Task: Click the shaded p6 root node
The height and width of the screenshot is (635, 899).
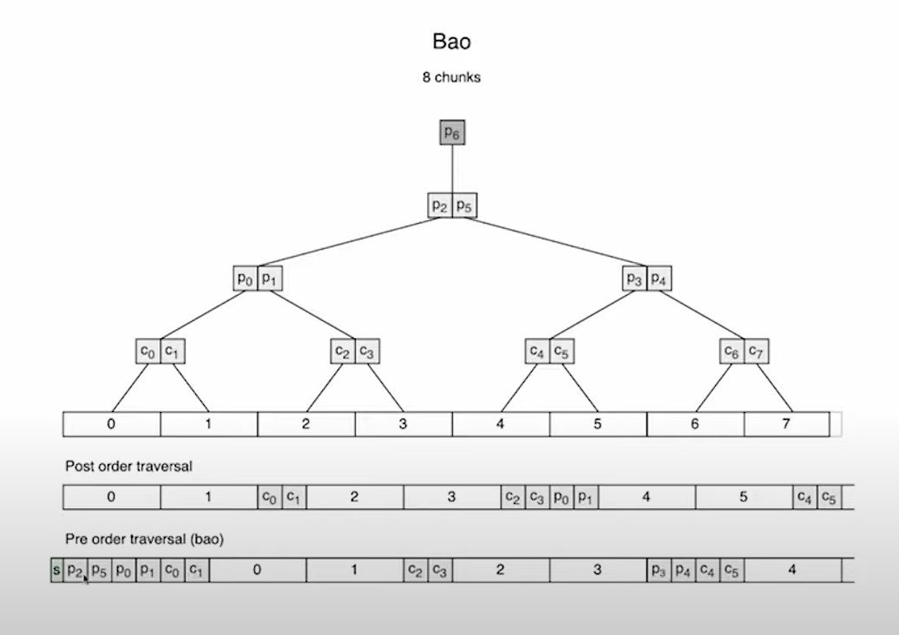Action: pos(451,133)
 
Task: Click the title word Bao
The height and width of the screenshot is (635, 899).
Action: pos(450,41)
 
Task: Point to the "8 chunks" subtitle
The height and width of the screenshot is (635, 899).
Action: pos(451,77)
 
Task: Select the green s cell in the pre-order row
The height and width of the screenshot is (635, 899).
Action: pos(57,570)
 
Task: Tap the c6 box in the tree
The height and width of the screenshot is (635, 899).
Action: pos(732,351)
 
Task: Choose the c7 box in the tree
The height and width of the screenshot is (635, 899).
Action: pos(757,351)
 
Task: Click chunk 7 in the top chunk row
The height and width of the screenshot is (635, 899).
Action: pos(786,424)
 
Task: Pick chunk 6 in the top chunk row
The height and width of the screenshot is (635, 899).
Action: pos(695,424)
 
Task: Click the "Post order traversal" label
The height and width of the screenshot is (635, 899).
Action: pos(128,466)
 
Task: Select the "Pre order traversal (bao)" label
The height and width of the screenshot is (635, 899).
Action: pos(145,539)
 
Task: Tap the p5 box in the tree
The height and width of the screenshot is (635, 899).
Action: pos(464,206)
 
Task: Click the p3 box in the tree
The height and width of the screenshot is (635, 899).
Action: pos(634,278)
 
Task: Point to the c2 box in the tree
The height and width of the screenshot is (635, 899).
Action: pos(343,351)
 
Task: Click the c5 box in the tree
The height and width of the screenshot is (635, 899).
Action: pos(561,351)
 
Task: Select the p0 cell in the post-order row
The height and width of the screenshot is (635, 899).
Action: pos(561,497)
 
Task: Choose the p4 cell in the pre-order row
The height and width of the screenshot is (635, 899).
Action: pos(684,570)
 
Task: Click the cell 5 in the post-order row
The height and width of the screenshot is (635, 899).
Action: pos(743,497)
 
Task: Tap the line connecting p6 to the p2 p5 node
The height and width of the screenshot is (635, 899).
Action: pos(451,169)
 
